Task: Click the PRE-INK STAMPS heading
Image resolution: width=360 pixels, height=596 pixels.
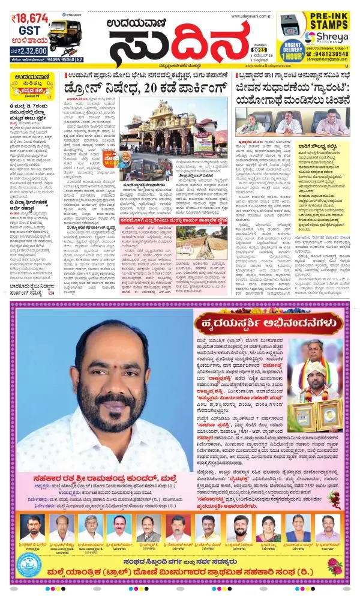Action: pos(326,22)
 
